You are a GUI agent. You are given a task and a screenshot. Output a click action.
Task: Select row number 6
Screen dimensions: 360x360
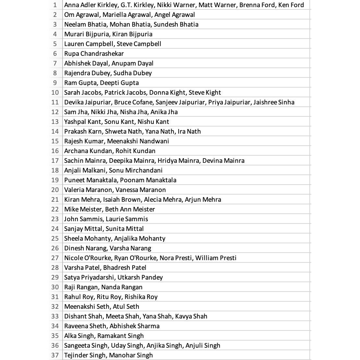click(x=55, y=54)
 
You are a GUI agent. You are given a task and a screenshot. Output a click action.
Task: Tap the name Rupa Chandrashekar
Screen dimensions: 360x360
click(x=94, y=54)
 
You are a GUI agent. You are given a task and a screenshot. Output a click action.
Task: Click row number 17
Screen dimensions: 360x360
click(x=55, y=161)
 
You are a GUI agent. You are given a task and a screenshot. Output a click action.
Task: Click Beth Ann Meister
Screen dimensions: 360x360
click(x=130, y=209)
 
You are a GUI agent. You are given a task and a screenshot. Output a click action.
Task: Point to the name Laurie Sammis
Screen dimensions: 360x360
click(x=126, y=219)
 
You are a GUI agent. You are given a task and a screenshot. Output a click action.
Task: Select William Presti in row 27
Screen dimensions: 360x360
click(x=216, y=258)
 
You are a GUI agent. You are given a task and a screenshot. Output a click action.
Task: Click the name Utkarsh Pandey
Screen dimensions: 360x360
click(x=140, y=277)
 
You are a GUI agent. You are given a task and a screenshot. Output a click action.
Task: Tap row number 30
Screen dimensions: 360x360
click(x=55, y=287)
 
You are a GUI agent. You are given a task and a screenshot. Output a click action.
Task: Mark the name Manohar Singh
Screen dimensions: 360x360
click(x=131, y=355)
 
